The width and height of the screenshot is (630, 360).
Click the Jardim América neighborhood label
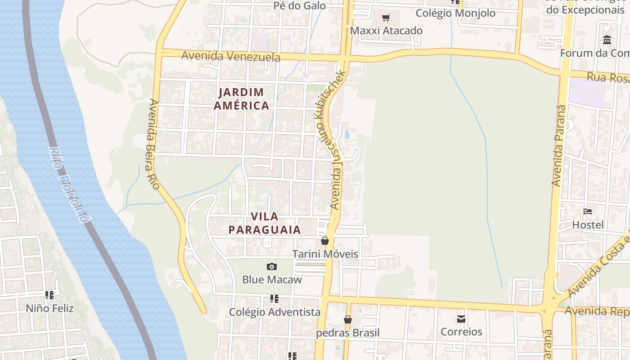click(241, 99)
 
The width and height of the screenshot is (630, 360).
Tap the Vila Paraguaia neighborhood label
click(265, 223)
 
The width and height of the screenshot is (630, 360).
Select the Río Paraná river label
click(67, 185)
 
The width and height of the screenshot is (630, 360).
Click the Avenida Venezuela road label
click(230, 56)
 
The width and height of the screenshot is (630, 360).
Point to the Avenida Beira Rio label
click(153, 144)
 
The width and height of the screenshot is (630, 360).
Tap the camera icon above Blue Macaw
click(272, 266)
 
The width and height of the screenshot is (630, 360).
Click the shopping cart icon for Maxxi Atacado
click(386, 18)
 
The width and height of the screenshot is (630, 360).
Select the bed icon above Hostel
click(588, 211)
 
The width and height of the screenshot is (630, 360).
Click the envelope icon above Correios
click(461, 319)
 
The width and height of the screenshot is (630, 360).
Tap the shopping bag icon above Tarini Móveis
click(325, 241)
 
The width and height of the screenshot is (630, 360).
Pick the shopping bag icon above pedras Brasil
click(348, 319)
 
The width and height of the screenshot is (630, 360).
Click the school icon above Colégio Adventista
click(274, 299)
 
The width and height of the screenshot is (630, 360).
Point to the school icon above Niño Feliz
click(49, 295)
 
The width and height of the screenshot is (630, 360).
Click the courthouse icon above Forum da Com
click(607, 40)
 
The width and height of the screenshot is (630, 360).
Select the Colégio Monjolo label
click(455, 13)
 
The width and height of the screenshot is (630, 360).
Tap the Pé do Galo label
click(300, 6)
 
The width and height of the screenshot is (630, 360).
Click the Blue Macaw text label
click(272, 279)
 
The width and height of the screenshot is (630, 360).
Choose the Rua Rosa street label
click(607, 77)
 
